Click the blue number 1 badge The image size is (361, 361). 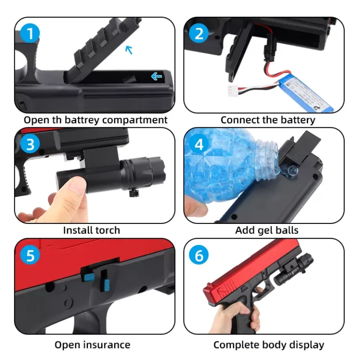point(30,33)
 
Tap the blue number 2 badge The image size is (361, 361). point(199,33)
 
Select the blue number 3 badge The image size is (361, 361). point(30,144)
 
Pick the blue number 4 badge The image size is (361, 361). point(199,144)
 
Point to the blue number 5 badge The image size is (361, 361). point(30,255)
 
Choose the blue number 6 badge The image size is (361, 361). point(199,255)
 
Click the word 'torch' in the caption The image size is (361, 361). point(107,230)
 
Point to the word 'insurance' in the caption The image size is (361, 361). point(106,345)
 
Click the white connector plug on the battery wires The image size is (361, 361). point(232,91)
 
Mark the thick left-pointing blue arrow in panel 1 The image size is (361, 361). point(157,76)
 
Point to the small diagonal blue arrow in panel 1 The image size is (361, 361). point(129,50)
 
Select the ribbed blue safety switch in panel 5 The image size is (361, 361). point(106,284)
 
